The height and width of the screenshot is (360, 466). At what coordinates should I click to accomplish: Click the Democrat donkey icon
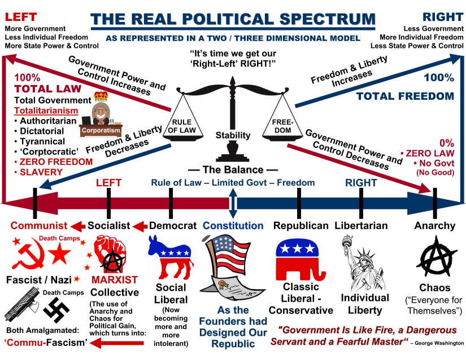tap(170, 257)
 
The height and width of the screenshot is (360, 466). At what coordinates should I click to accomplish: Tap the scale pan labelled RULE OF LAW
tap(180, 125)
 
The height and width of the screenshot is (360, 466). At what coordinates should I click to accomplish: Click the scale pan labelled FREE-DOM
tap(282, 125)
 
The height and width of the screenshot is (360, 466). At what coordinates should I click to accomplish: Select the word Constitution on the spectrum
tap(233, 226)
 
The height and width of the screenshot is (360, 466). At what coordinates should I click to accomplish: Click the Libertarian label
tap(361, 226)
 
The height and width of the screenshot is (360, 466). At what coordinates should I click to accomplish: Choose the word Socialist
tap(109, 226)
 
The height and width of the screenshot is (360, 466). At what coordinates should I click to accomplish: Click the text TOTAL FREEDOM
tap(405, 96)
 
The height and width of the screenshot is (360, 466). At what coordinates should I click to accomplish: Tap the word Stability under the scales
tap(233, 135)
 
